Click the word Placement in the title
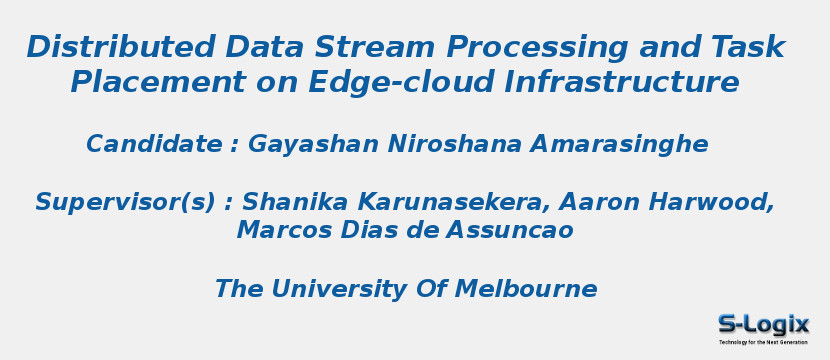(x=158, y=82)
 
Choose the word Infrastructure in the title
(x=621, y=82)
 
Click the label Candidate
(x=155, y=143)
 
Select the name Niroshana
(x=455, y=143)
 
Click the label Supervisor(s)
(x=125, y=203)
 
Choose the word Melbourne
(x=526, y=289)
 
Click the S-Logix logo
(x=763, y=328)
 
